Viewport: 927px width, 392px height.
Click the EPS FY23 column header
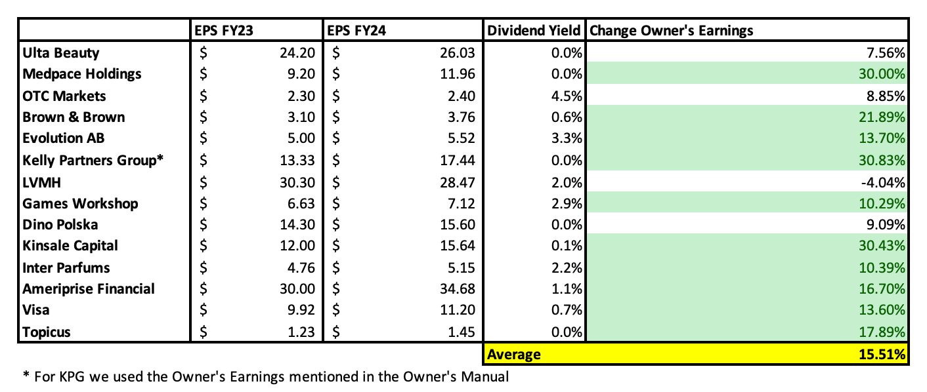click(x=223, y=31)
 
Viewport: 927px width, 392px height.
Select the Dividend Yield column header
click(x=534, y=31)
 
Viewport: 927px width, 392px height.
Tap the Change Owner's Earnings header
click(x=671, y=31)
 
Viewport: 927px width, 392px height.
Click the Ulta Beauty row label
click(x=61, y=53)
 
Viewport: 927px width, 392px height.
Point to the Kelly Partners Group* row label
click(x=93, y=160)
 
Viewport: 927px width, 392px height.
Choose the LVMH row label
click(x=41, y=183)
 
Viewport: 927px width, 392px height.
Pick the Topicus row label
click(x=47, y=332)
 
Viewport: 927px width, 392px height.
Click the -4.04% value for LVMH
click(x=883, y=183)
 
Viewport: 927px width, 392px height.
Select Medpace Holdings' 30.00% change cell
click(x=882, y=74)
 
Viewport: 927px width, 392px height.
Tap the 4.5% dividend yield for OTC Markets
click(x=567, y=96)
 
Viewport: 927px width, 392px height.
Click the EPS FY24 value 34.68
click(x=458, y=288)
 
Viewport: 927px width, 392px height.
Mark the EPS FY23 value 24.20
click(x=297, y=53)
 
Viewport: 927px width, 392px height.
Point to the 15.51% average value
click(x=882, y=355)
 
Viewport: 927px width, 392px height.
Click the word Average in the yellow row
click(x=513, y=355)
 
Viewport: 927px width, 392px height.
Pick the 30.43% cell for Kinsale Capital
click(x=882, y=246)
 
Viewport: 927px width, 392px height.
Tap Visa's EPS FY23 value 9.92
click(x=301, y=310)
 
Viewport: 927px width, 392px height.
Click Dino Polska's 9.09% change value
click(x=886, y=225)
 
